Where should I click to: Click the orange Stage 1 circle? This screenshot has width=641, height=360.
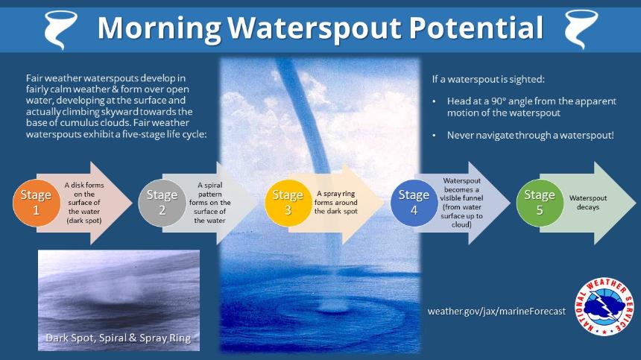coord(36,203)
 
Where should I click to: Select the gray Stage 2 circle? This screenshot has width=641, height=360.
coord(162,203)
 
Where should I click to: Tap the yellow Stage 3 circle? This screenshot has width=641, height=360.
coord(288,203)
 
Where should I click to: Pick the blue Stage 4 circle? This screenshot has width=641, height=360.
coord(414,203)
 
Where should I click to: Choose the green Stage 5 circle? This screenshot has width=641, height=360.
coord(540,203)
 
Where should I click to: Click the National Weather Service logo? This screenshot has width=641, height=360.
coord(604,307)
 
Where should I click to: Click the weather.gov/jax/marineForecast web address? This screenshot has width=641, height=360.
coord(496,312)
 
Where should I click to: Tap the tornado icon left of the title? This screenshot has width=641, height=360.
coord(60,29)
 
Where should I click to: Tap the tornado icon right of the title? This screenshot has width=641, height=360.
coord(581,29)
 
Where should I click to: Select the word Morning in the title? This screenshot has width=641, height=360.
coord(160,28)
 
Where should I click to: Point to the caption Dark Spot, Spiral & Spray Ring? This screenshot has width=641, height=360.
coord(119,338)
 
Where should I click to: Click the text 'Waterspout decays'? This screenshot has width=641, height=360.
coord(588,203)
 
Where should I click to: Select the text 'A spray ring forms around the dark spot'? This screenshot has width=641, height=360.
coord(336,202)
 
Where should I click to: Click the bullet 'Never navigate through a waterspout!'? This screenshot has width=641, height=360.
coord(531,135)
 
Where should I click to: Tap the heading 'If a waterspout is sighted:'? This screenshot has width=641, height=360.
coord(488,79)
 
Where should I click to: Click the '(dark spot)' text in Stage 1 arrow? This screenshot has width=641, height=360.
coord(84,221)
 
